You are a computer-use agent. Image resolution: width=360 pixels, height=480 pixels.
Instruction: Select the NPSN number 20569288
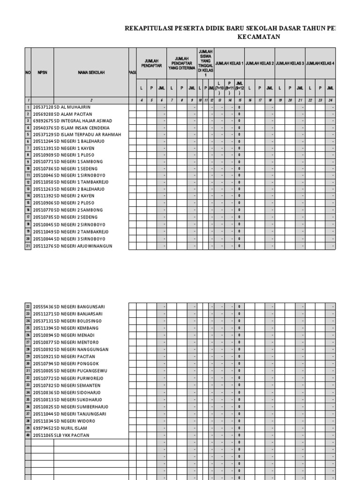tap(43, 114)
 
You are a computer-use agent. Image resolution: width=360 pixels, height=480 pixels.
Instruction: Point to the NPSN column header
tap(43, 73)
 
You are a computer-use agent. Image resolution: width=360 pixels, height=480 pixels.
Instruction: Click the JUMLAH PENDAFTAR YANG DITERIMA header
tap(182, 63)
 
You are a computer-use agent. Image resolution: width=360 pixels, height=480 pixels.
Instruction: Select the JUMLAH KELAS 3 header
tap(290, 63)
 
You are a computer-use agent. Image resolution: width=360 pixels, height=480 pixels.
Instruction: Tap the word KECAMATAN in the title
tap(259, 37)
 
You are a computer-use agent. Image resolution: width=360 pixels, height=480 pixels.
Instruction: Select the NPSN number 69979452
tap(43, 428)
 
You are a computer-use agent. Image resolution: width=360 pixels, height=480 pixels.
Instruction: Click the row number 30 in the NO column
tap(28, 364)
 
